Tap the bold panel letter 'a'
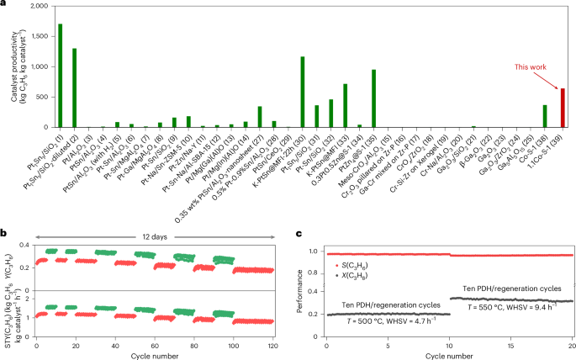[x=4, y=5]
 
